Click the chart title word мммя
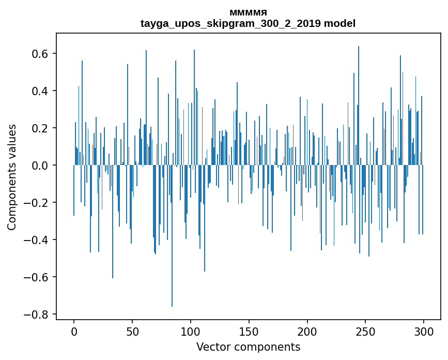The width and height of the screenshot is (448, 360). coord(248,12)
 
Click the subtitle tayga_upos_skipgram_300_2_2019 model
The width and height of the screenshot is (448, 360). coord(248,23)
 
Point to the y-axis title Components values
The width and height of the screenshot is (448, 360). coord(12,177)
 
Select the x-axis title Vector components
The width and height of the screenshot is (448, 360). coord(248,347)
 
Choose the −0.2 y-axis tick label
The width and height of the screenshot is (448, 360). coord(37,203)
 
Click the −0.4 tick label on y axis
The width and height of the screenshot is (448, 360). coord(37,240)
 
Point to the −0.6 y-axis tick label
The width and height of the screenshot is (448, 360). coord(37,277)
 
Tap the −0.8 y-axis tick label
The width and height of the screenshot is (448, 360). coord(37,314)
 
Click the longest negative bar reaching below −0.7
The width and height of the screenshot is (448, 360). coord(172,259)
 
